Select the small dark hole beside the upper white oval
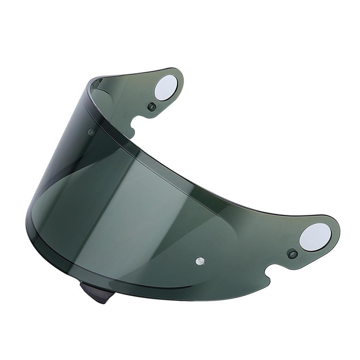tap(151, 107)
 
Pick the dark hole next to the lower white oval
tap(292, 253)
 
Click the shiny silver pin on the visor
tap(200, 261)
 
